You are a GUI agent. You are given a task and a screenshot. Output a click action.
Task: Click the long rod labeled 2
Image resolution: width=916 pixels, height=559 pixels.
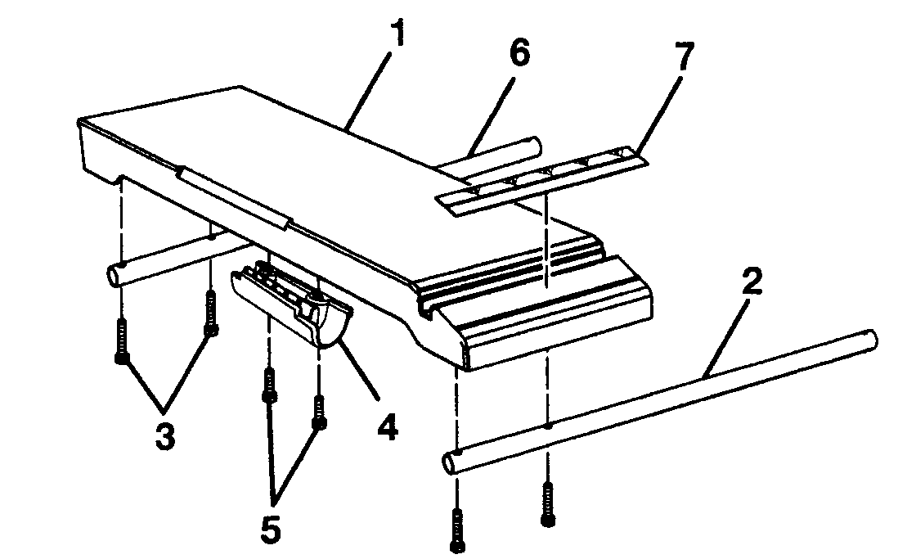[654, 400]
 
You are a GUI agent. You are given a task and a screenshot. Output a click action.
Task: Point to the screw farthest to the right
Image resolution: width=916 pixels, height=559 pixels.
[546, 503]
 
